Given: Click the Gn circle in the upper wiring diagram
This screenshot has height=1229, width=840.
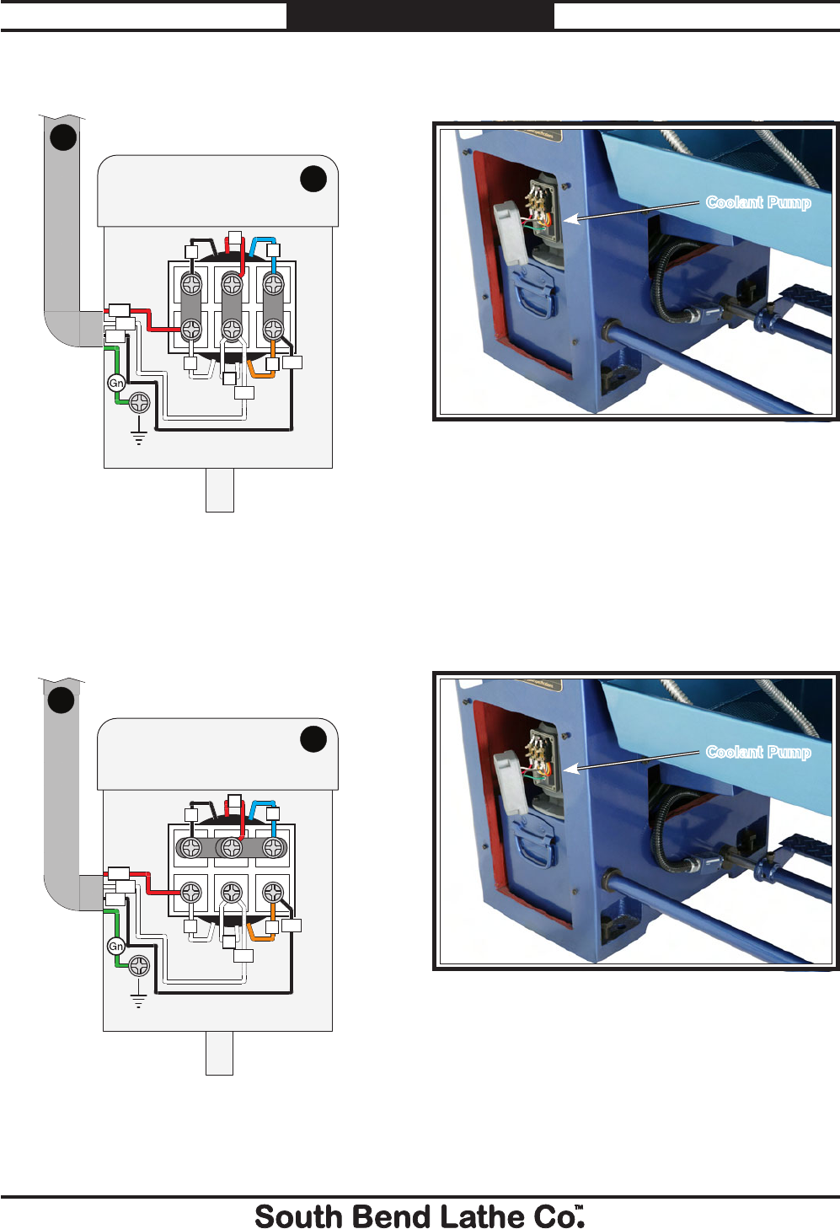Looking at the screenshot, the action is [116, 384].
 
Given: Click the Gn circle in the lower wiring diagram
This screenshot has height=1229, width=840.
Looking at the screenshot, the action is [116, 947].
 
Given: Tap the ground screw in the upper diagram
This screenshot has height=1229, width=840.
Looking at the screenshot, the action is [140, 403].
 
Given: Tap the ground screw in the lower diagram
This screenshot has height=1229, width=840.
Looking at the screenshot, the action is [140, 966].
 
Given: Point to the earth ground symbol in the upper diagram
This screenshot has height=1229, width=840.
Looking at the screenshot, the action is [139, 437].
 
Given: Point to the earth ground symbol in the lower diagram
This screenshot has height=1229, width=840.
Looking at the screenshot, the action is [139, 1001].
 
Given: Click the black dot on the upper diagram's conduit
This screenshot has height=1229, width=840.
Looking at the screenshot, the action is [63, 137].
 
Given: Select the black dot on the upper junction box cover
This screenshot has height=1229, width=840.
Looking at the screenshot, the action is [313, 179].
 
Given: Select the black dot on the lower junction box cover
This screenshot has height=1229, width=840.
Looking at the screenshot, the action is [313, 739].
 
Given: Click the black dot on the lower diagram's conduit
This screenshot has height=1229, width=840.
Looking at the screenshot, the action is [61, 700].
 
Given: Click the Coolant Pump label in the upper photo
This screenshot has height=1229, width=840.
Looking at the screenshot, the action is [758, 202].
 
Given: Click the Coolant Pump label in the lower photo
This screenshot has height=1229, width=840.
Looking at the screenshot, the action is [758, 752].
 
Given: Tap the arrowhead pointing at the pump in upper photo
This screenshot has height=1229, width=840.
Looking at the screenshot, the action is [570, 219].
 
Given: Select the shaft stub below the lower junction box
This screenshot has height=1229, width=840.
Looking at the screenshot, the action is [219, 1053].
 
